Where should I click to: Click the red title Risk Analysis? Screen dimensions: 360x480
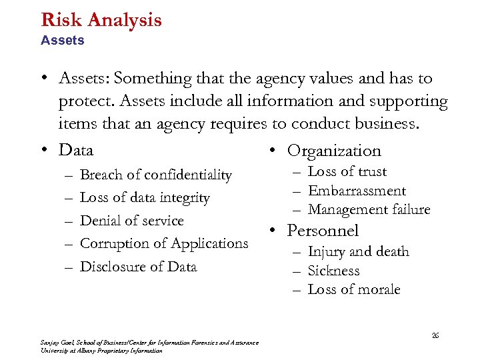(x=101, y=19)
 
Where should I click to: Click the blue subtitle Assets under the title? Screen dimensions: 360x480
(x=62, y=41)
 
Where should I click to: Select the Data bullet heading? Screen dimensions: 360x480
(x=75, y=150)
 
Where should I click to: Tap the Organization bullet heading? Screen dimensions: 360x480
(x=334, y=151)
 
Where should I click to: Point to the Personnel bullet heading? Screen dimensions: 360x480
(x=323, y=231)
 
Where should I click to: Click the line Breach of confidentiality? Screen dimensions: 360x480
(x=155, y=175)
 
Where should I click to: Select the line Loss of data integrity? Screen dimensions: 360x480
(x=145, y=198)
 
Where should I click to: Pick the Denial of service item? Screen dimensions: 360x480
(x=131, y=221)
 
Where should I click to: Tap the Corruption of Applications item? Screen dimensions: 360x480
(x=163, y=243)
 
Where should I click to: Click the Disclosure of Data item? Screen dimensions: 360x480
(x=138, y=267)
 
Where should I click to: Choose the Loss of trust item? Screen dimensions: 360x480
(x=347, y=172)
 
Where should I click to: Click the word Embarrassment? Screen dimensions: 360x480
(x=357, y=191)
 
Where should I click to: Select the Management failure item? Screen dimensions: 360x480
(x=369, y=210)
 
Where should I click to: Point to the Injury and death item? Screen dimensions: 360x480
(x=358, y=252)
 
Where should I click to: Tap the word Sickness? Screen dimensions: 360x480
(x=333, y=271)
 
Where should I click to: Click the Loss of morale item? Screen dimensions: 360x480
(x=353, y=289)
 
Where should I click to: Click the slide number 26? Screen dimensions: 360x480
(x=435, y=335)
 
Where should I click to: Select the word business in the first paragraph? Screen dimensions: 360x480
(x=406, y=124)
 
